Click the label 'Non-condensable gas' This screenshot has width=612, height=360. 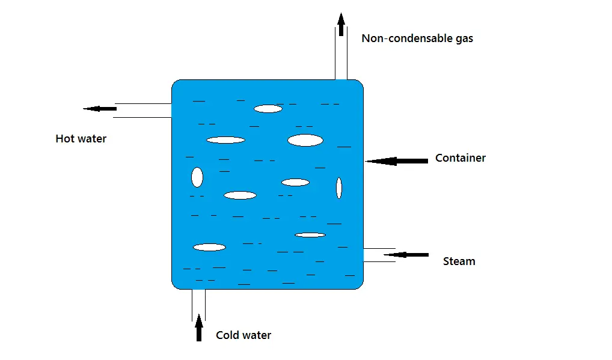(x=417, y=38)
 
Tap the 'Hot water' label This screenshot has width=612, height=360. (x=81, y=139)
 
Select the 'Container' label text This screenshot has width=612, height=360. (x=460, y=158)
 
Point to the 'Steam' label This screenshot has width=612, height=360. (x=459, y=261)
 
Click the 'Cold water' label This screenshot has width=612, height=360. (x=243, y=335)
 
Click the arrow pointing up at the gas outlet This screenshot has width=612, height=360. (x=341, y=25)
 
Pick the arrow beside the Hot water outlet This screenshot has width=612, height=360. (x=100, y=109)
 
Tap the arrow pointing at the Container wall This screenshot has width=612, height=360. (x=396, y=160)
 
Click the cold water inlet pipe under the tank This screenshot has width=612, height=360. (x=198, y=304)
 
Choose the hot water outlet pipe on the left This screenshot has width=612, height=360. (x=142, y=111)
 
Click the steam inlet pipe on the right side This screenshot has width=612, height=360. (x=379, y=255)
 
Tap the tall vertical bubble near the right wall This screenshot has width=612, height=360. (x=339, y=188)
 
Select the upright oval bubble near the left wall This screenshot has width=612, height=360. (x=197, y=177)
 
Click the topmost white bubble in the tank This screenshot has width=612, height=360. (x=268, y=109)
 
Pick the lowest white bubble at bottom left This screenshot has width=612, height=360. (x=209, y=247)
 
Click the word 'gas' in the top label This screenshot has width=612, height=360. (x=464, y=39)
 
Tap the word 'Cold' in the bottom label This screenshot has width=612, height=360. (x=227, y=335)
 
